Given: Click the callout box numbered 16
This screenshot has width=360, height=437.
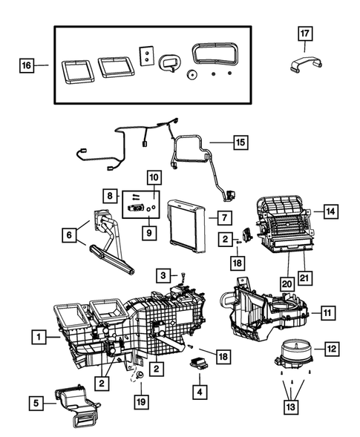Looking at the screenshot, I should point(27,65).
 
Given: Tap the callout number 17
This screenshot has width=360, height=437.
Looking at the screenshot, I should point(306,33).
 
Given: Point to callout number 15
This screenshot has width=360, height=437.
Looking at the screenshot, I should point(239,141).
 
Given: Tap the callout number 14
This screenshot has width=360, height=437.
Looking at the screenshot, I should point(330,211).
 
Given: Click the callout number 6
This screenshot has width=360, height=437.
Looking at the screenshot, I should point(70,235).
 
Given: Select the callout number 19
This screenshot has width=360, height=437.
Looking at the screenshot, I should point(140,401).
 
